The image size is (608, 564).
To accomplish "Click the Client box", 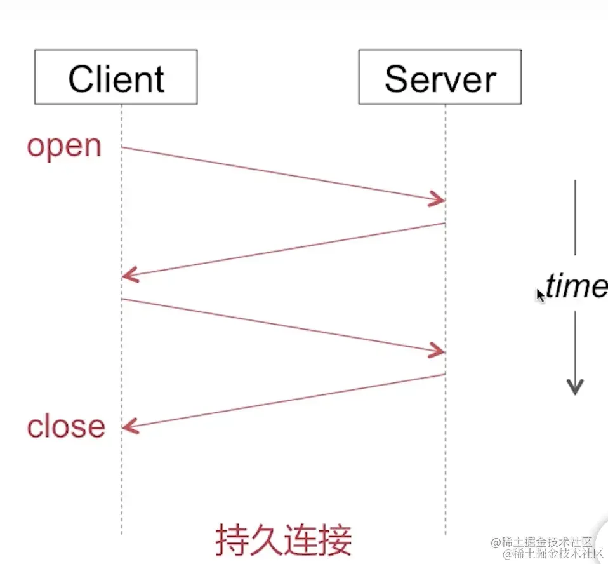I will point(116,77).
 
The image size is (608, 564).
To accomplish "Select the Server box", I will point(440,77).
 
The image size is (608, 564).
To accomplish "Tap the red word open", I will point(64,146).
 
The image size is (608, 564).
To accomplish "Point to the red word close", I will point(66,426).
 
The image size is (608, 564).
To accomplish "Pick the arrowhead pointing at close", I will point(129,427).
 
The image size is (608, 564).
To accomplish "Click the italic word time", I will point(576,286).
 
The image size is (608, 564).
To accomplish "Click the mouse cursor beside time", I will point(540,294).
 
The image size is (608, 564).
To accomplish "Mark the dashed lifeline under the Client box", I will point(121,483).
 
